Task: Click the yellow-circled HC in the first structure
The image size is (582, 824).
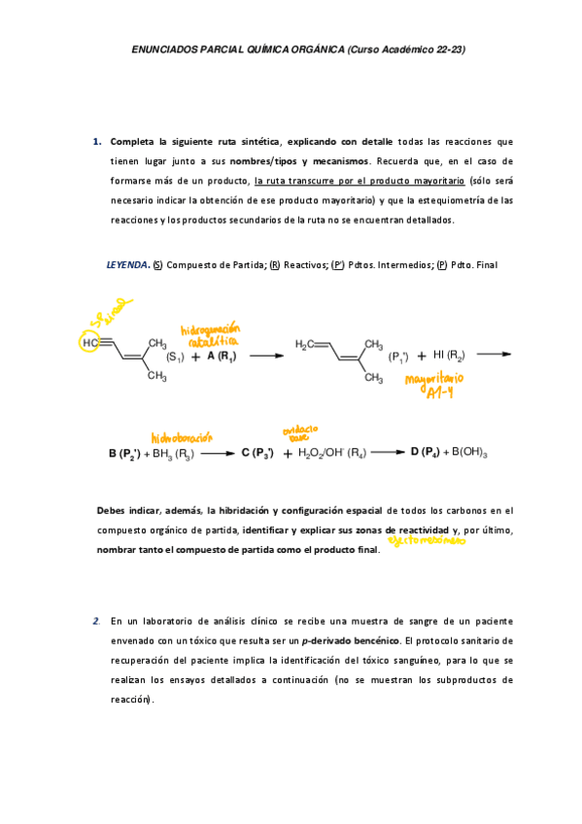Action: coord(89,342)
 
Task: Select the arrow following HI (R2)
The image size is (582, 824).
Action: coord(494,354)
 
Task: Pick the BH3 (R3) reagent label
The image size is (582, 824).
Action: coord(175,453)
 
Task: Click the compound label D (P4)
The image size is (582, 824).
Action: coord(423,452)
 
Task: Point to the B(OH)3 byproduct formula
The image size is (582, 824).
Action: coord(468,453)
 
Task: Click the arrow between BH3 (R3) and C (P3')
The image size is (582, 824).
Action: coord(217,453)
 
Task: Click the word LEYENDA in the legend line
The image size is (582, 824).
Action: coord(127,264)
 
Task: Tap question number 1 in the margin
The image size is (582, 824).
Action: coord(97,142)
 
